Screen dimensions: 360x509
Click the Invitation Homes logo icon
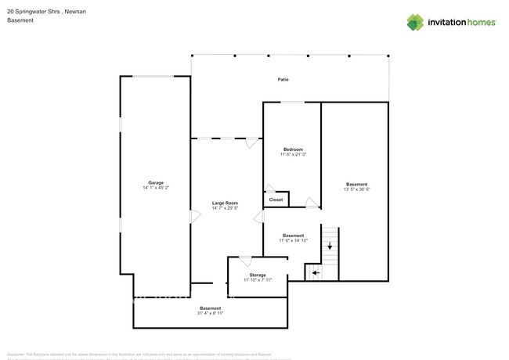pos(415,22)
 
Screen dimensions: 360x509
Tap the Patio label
pos(283,80)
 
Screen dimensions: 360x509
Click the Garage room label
pos(156,182)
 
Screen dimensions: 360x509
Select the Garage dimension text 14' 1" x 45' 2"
pos(156,188)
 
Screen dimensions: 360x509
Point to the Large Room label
pos(225,203)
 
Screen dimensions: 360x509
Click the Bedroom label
pos(293,149)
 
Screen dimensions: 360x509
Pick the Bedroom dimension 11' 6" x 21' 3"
pos(293,155)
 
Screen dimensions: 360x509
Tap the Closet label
pos(276,200)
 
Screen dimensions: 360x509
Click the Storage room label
pos(258,275)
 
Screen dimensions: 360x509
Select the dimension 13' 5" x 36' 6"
pos(356,189)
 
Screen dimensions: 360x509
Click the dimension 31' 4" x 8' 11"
pos(210,313)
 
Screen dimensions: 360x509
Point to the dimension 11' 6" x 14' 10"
pos(293,241)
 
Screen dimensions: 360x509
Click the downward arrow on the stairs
pos(330,245)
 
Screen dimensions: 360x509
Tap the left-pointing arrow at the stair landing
pos(315,273)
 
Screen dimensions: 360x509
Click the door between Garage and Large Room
pos(193,217)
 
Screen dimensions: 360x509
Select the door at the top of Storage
pos(245,261)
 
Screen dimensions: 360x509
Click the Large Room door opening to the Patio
pos(251,142)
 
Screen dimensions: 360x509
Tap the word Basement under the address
pos(20,20)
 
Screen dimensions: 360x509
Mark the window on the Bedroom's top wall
pos(293,102)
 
